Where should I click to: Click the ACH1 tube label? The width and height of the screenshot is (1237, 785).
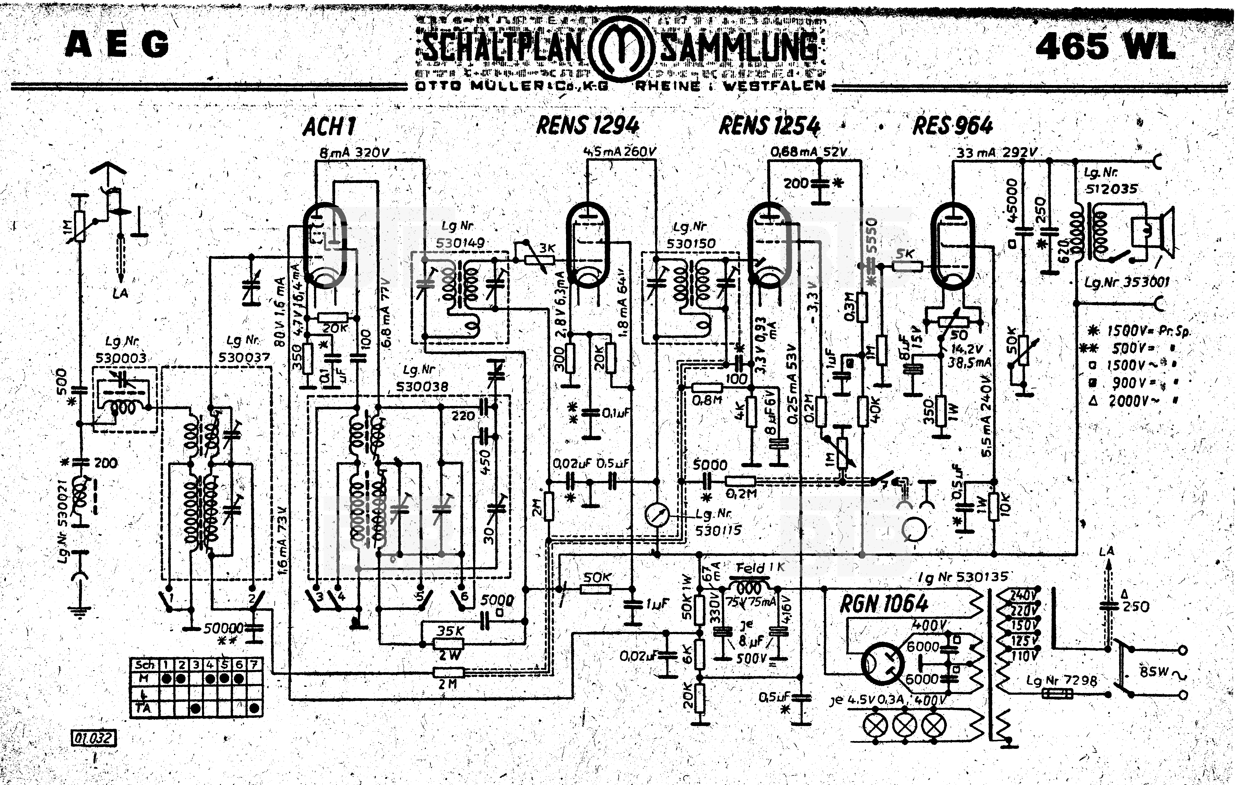[329, 126]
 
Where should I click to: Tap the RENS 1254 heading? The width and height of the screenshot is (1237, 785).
[769, 125]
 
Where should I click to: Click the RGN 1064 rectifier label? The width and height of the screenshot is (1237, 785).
[884, 604]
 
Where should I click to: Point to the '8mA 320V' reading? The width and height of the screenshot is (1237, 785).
[354, 152]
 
